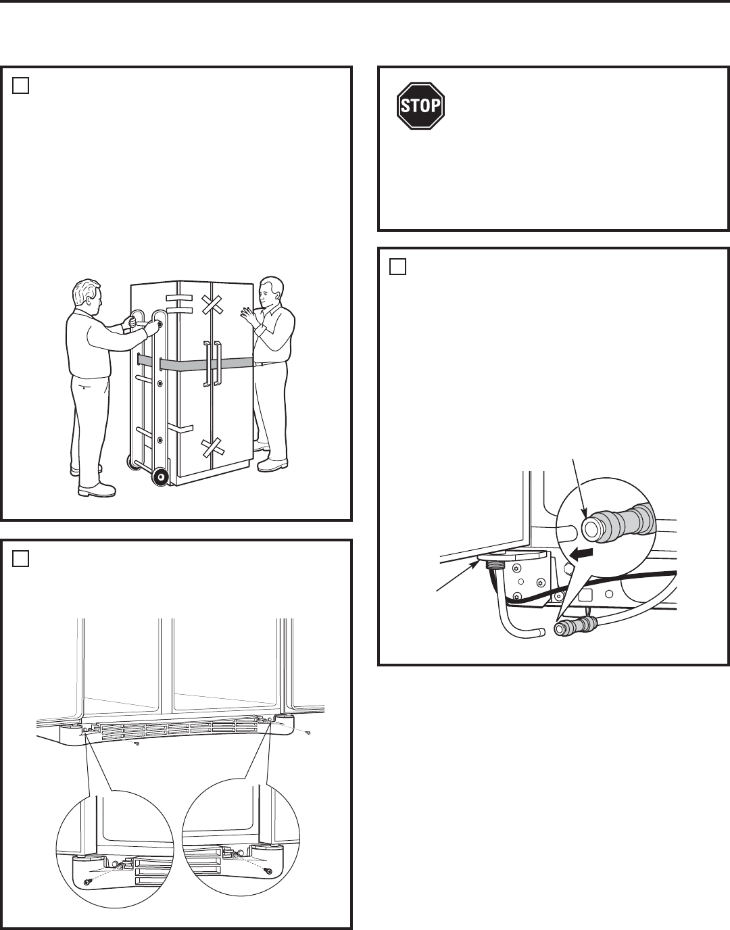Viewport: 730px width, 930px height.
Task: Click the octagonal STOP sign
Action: click(420, 105)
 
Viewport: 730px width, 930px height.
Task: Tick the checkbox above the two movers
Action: click(20, 86)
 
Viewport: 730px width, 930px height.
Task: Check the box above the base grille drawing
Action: click(20, 558)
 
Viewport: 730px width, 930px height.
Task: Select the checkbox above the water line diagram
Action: click(397, 266)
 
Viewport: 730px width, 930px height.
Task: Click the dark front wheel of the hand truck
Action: click(160, 476)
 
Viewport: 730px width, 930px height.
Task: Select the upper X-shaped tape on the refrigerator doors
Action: click(213, 305)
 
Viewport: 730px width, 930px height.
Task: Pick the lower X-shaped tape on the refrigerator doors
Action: click(213, 449)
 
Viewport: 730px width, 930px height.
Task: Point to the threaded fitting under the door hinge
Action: click(495, 566)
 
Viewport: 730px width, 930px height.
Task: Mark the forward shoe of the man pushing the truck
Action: click(97, 489)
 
